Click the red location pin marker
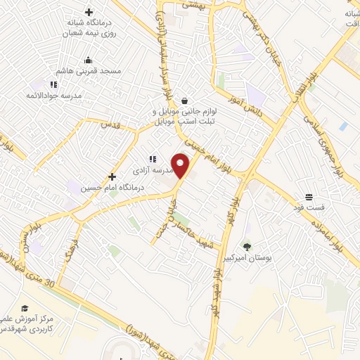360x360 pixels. pos(181,165)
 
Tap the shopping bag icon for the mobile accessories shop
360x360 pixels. pos(184,101)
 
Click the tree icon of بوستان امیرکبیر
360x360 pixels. pos(247,247)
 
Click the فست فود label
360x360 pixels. pos(308,208)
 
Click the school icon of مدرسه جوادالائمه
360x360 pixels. pos(53,84)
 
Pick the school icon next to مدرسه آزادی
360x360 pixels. pos(152,159)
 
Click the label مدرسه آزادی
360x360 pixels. pos(148,171)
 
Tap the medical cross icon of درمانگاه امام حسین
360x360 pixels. pos(112,176)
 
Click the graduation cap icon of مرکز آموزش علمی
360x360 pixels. pos(25,308)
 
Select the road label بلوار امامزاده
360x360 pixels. pos(324,232)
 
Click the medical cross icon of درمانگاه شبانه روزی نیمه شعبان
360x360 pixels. pos(89,12)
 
